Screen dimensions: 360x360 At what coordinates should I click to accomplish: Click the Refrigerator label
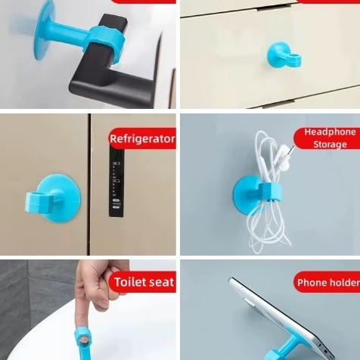142,139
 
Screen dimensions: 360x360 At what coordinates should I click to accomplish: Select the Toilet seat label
144,283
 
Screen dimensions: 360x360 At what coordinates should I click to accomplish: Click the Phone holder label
327,284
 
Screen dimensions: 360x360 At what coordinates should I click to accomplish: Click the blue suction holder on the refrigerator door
51,197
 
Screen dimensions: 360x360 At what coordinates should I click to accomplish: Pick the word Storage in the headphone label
331,144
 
